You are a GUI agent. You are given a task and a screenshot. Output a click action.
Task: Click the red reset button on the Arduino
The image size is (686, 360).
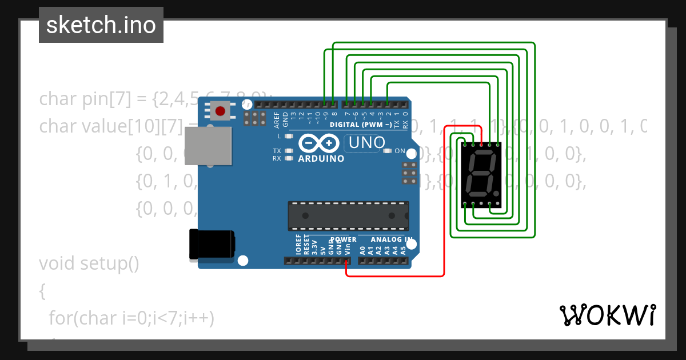coord(220,110)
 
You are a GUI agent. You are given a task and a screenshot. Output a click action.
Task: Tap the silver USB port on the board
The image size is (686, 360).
coord(209,146)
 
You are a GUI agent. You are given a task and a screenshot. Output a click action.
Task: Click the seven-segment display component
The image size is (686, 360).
coord(480,174)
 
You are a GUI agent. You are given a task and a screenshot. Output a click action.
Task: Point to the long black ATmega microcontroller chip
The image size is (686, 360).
coord(348,215)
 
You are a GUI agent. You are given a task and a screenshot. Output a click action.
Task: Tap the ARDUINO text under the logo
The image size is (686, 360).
coord(321,158)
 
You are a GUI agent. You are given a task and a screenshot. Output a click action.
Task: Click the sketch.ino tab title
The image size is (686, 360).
coord(101,25)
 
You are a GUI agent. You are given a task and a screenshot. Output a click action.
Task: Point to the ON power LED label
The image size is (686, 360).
coord(399,151)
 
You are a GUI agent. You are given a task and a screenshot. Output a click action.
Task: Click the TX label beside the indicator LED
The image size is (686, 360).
coord(277,151)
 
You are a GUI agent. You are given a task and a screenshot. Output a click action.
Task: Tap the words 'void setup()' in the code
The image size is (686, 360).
coord(89,264)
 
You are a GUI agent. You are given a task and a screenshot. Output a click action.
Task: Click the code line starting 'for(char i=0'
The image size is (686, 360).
coord(131,318)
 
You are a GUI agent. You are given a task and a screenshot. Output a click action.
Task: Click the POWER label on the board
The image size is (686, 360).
coord(343,239)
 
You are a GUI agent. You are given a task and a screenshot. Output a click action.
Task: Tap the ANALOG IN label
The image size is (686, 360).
coord(392,239)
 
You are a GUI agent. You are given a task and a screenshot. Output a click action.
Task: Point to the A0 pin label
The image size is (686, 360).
coord(362,250)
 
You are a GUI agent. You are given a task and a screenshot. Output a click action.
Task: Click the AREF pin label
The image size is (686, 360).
coord(277,119)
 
